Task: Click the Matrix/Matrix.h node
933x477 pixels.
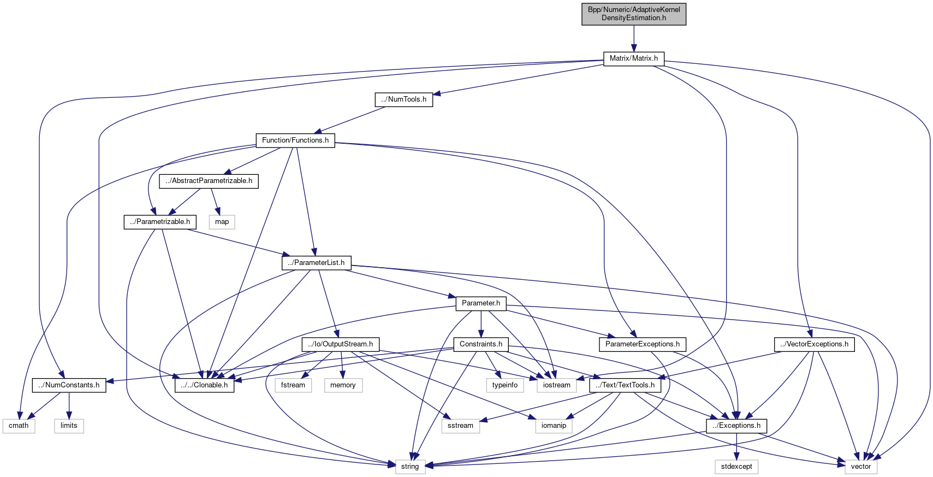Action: (633, 58)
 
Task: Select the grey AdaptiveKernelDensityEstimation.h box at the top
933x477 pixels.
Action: (633, 14)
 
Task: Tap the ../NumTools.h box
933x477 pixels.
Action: (404, 99)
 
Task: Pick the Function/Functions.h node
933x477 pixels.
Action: (295, 140)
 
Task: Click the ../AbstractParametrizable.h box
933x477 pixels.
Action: (209, 181)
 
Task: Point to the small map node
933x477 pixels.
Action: (222, 222)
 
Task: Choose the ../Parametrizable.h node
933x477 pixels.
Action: (160, 222)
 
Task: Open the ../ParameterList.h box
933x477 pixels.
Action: (317, 263)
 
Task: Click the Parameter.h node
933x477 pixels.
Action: (481, 303)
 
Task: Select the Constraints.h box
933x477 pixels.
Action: (481, 344)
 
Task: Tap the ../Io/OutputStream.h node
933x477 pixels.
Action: (341, 344)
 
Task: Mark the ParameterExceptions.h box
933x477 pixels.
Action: (643, 344)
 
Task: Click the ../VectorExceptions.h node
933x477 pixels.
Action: (814, 344)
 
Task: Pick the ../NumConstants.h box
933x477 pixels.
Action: (69, 385)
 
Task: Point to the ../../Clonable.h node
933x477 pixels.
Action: (205, 385)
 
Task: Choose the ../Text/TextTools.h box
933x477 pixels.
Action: (625, 385)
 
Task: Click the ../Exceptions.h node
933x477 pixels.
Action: (736, 426)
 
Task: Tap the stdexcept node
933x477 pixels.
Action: (736, 467)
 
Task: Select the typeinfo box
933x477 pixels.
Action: (504, 385)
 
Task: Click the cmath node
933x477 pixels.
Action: (19, 426)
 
